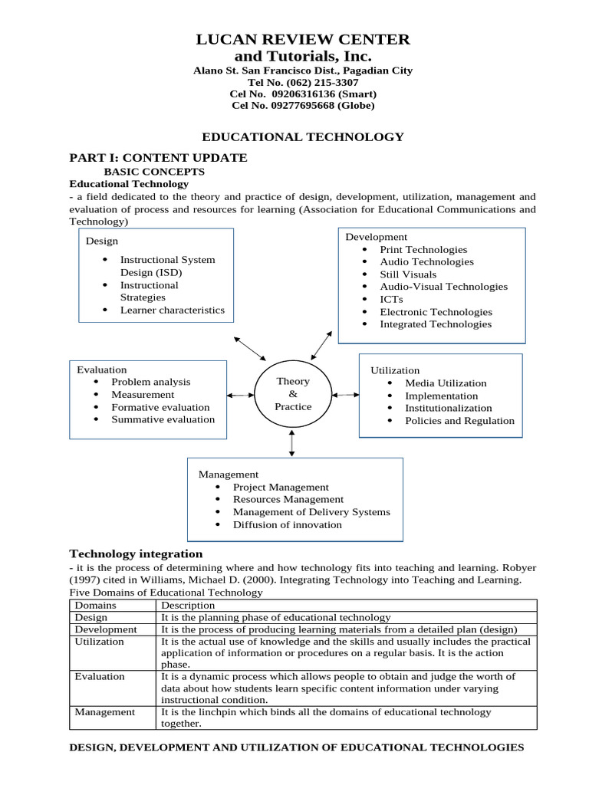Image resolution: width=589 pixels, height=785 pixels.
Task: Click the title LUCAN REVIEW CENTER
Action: coord(303,39)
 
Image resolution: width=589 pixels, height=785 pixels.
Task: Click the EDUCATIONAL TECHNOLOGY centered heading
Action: coord(302,136)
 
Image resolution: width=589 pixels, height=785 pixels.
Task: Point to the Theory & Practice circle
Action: coord(292,394)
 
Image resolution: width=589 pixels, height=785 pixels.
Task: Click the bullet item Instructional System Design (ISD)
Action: coord(167,266)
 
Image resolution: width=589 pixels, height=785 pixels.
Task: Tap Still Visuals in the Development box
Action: coord(408,274)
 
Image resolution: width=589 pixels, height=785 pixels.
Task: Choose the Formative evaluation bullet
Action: coord(160,407)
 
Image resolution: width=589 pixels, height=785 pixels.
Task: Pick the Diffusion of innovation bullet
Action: coord(288,524)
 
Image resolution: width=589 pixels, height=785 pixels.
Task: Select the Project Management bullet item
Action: coord(281,487)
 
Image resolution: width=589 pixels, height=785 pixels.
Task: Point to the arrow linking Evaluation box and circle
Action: coord(240,395)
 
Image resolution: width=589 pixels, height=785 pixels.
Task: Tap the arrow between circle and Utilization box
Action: coord(345,395)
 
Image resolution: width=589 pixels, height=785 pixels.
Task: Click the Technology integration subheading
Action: coord(137,553)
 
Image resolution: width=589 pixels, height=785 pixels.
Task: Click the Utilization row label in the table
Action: coord(99,642)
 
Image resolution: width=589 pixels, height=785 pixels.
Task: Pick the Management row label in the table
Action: coord(104,712)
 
